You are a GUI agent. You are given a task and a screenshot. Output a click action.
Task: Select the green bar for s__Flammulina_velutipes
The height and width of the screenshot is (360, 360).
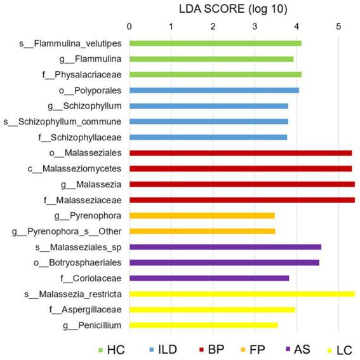(x=215, y=43)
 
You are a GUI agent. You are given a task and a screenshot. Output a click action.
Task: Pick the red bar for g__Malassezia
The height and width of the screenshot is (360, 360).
(x=242, y=184)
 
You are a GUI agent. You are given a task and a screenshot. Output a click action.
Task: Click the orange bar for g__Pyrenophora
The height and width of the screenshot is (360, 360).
(x=202, y=215)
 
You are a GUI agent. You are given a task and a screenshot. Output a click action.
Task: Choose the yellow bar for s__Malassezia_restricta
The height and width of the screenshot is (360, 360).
(x=242, y=294)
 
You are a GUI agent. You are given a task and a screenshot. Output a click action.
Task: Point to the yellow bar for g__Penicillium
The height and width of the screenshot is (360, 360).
(x=203, y=325)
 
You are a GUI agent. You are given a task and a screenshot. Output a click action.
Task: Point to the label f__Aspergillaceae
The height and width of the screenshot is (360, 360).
(x=85, y=310)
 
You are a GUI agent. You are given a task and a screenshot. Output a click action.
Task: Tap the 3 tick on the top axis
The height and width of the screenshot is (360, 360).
(x=254, y=27)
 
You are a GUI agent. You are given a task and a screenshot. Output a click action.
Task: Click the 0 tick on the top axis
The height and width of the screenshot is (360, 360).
(x=130, y=27)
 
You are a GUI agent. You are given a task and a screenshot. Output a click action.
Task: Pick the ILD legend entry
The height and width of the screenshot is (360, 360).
(x=164, y=350)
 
